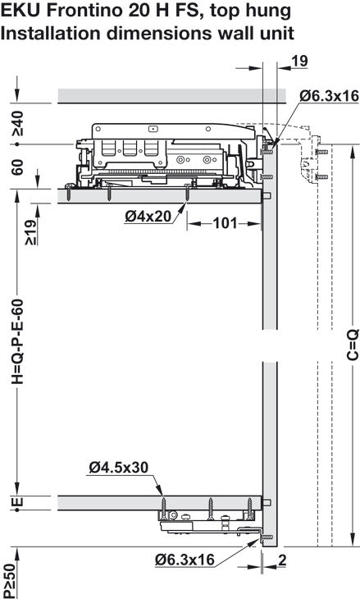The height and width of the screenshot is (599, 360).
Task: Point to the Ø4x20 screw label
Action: click(148, 217)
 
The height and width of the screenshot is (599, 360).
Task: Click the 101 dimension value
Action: click(225, 222)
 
